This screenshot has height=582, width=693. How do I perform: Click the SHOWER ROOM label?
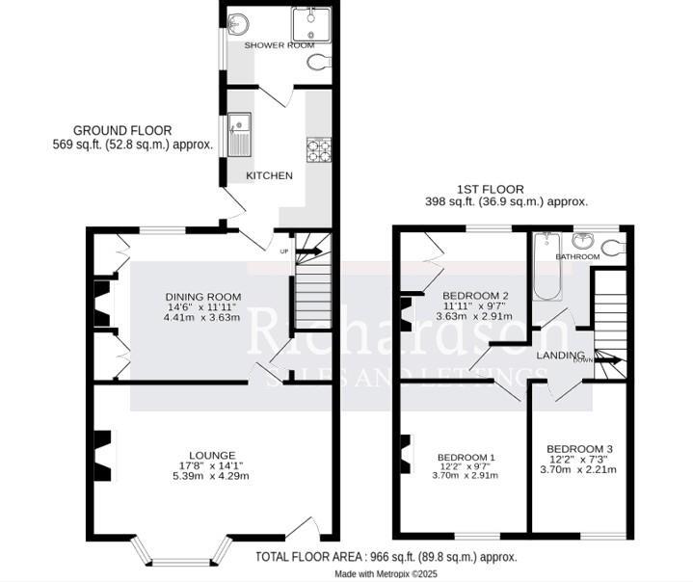279,45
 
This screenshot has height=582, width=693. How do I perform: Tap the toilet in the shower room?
322,63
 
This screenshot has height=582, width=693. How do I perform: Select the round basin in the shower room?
236,22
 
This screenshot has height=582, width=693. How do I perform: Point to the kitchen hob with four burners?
318,149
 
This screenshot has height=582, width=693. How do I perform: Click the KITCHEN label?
269,175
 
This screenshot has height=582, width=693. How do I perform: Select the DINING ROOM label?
202,296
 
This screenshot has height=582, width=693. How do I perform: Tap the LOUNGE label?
213,455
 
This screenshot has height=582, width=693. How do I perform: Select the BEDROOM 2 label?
474,295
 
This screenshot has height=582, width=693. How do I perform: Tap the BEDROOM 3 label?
579,449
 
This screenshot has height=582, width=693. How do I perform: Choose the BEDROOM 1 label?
466,457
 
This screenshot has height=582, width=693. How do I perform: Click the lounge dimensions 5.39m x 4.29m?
212,476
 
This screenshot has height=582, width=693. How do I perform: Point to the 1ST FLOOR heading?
491,190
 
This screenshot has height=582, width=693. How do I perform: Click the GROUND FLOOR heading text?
122,130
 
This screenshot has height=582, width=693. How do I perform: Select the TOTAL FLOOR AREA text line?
386,557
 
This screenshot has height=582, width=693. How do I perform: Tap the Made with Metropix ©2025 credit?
386,573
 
